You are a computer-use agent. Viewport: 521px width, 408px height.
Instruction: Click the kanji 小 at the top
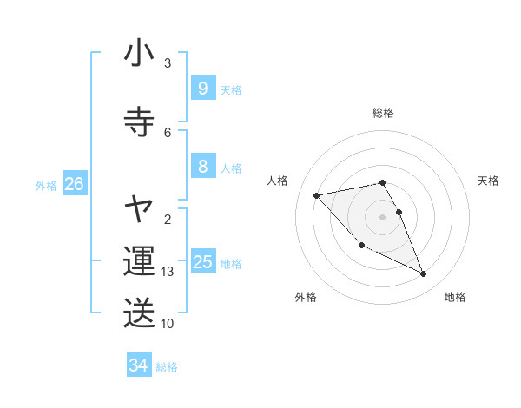(139, 54)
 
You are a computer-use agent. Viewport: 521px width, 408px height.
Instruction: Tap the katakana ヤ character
(139, 209)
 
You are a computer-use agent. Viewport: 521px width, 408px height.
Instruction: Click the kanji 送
(139, 313)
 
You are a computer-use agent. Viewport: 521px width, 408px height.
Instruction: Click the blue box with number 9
(202, 88)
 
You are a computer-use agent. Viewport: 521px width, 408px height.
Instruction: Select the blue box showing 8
(202, 167)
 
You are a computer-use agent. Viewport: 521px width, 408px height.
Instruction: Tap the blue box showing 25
(203, 261)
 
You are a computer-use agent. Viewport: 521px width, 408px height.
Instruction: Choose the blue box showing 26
(74, 183)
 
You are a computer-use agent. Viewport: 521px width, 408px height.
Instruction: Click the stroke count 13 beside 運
(168, 272)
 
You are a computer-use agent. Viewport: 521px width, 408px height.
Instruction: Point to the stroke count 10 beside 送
(168, 324)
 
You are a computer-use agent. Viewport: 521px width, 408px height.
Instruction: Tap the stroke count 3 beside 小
(168, 63)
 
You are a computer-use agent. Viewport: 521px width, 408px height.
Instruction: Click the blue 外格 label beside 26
(46, 185)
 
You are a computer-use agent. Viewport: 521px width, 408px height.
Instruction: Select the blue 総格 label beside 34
(167, 367)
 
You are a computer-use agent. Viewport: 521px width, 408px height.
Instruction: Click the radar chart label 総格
(383, 113)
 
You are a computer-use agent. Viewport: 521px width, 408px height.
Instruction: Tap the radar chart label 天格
(489, 181)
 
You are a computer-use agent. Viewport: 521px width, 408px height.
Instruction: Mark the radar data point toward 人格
(317, 195)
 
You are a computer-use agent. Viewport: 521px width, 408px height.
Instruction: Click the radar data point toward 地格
(424, 274)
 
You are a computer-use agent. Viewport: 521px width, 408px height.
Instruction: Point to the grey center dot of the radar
(383, 216)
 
